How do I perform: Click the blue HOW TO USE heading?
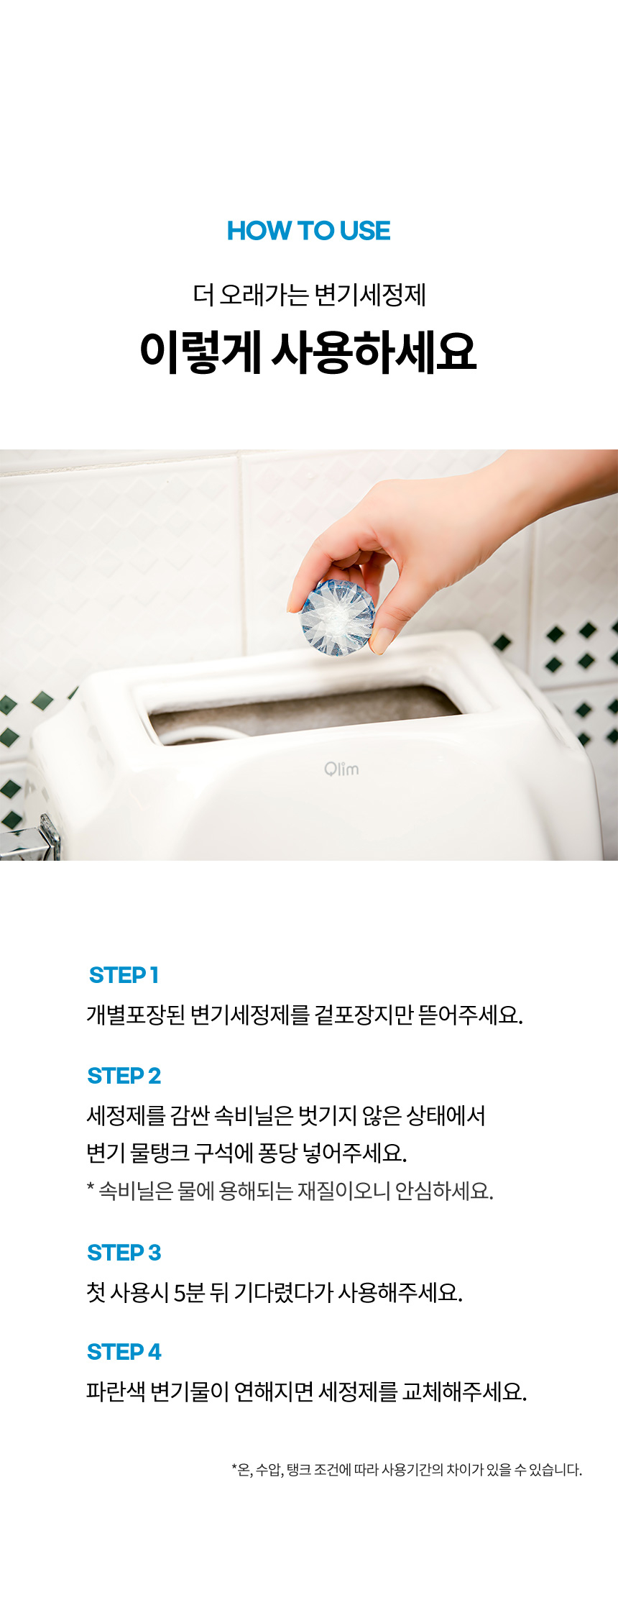click(x=309, y=231)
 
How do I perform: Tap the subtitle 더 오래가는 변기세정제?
click(x=309, y=295)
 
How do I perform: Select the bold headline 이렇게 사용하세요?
click(x=308, y=352)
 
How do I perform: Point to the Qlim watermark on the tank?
click(x=341, y=769)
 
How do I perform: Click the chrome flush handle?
click(x=32, y=838)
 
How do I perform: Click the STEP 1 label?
click(x=124, y=975)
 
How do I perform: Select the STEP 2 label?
click(x=124, y=1076)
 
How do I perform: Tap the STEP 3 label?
click(x=124, y=1253)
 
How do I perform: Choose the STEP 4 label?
click(x=124, y=1352)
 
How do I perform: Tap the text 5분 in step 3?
click(x=190, y=1292)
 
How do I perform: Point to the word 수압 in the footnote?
click(x=268, y=1470)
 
